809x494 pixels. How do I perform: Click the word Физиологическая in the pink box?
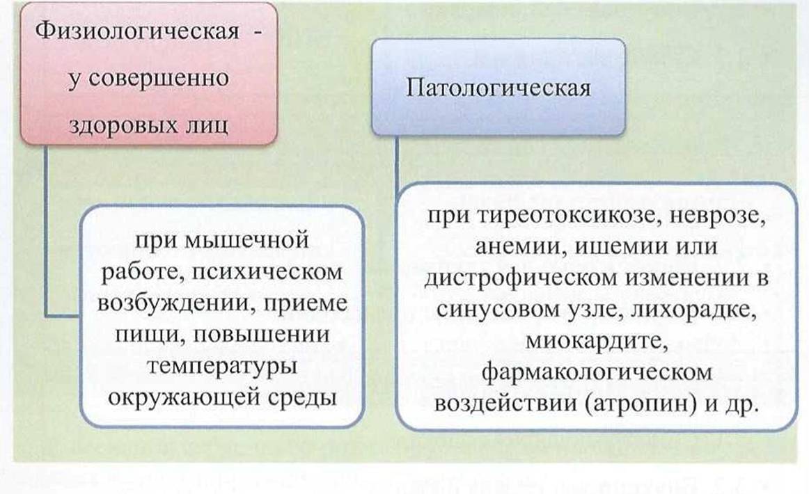(x=137, y=31)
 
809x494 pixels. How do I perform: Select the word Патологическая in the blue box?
(x=498, y=87)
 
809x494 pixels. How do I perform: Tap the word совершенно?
(x=157, y=79)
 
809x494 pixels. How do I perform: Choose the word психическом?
(x=267, y=272)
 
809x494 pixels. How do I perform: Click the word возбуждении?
(x=175, y=303)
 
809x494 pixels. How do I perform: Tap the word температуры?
(x=222, y=367)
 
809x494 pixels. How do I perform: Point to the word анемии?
(x=517, y=246)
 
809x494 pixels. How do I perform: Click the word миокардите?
(x=597, y=341)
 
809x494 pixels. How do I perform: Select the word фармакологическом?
(x=597, y=372)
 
